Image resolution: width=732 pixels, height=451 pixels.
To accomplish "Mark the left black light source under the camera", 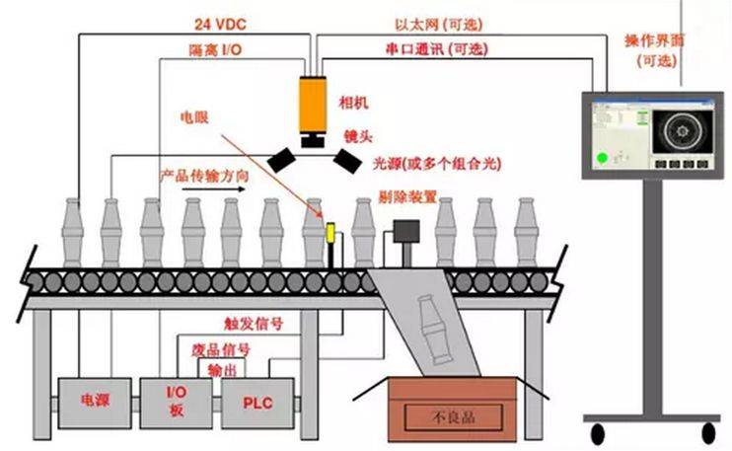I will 286,157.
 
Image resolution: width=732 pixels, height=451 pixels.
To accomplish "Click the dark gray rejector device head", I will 404,232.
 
